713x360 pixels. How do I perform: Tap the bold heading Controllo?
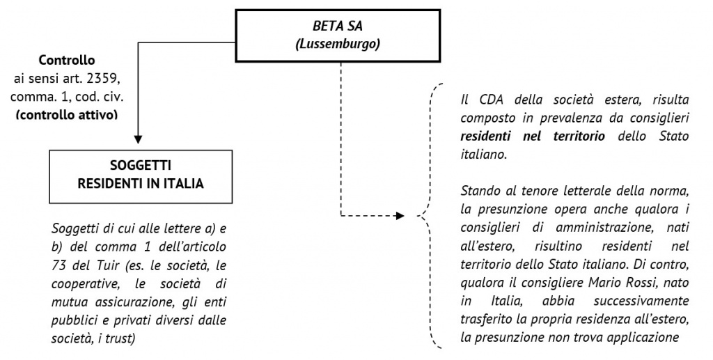tap(67, 61)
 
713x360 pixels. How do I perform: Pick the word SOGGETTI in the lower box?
tap(141, 166)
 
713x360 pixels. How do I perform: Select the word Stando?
tap(480, 191)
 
